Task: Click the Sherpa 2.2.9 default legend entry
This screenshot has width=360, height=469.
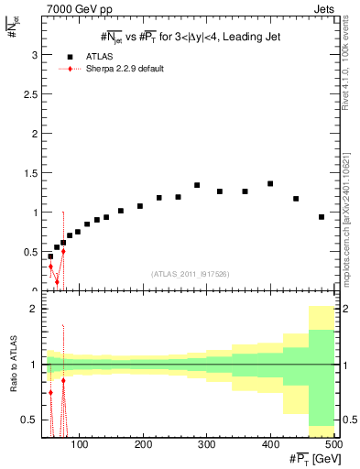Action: point(120,69)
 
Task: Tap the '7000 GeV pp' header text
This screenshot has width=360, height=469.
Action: point(74,8)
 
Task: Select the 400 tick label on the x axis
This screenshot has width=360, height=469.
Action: point(270,444)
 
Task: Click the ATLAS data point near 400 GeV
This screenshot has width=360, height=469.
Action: point(270,183)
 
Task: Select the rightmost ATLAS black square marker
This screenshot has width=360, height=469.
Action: point(322,217)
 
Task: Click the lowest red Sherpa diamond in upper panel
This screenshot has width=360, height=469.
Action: point(57,282)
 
